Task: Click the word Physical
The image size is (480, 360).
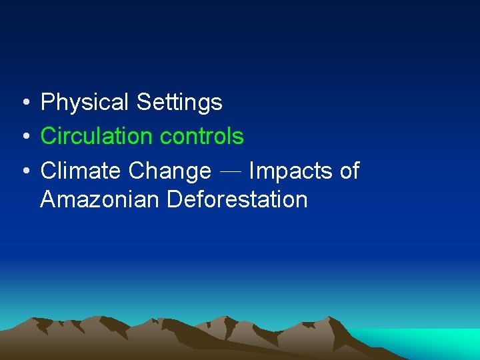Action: (x=85, y=103)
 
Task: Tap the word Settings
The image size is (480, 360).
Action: (x=179, y=103)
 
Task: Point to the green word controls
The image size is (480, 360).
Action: (x=202, y=137)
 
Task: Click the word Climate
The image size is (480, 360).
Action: (x=81, y=171)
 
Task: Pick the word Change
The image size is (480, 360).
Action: (x=169, y=171)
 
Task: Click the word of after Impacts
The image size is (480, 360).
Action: (x=349, y=171)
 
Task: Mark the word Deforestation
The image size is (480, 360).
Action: (x=237, y=199)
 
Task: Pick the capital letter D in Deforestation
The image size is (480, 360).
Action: (x=173, y=199)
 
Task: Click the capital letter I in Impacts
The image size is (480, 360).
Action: (x=251, y=171)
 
